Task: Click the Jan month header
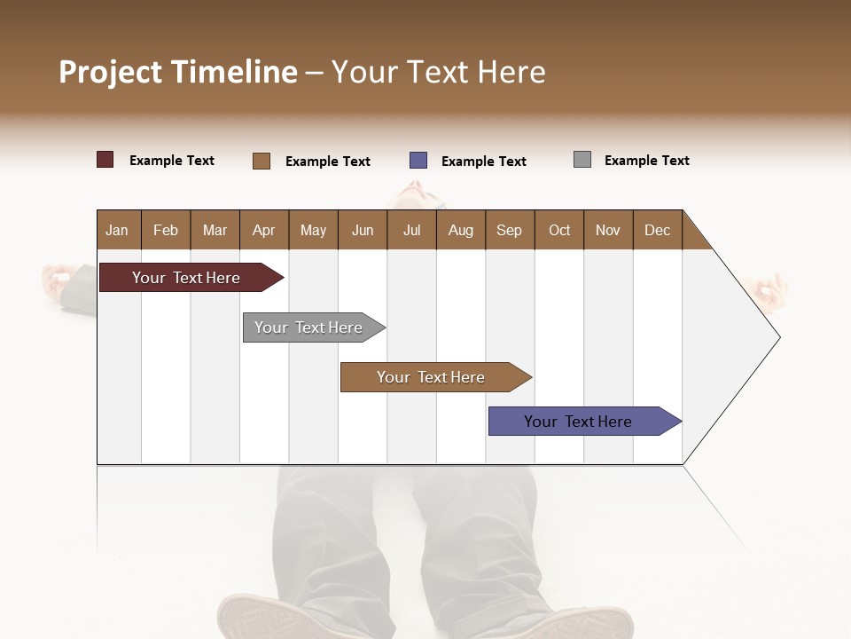(117, 230)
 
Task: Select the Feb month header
(166, 230)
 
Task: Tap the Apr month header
(263, 230)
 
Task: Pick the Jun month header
(363, 230)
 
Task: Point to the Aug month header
(460, 230)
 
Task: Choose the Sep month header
(509, 230)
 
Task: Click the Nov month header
(607, 230)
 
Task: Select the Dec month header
(657, 230)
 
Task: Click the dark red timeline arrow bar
(187, 278)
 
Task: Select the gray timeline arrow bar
(309, 327)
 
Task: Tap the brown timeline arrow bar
(432, 377)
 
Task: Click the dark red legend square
(105, 160)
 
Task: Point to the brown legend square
(262, 161)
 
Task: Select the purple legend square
(418, 161)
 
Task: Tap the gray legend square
(582, 160)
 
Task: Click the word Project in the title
(111, 72)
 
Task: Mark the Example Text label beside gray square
(646, 161)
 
